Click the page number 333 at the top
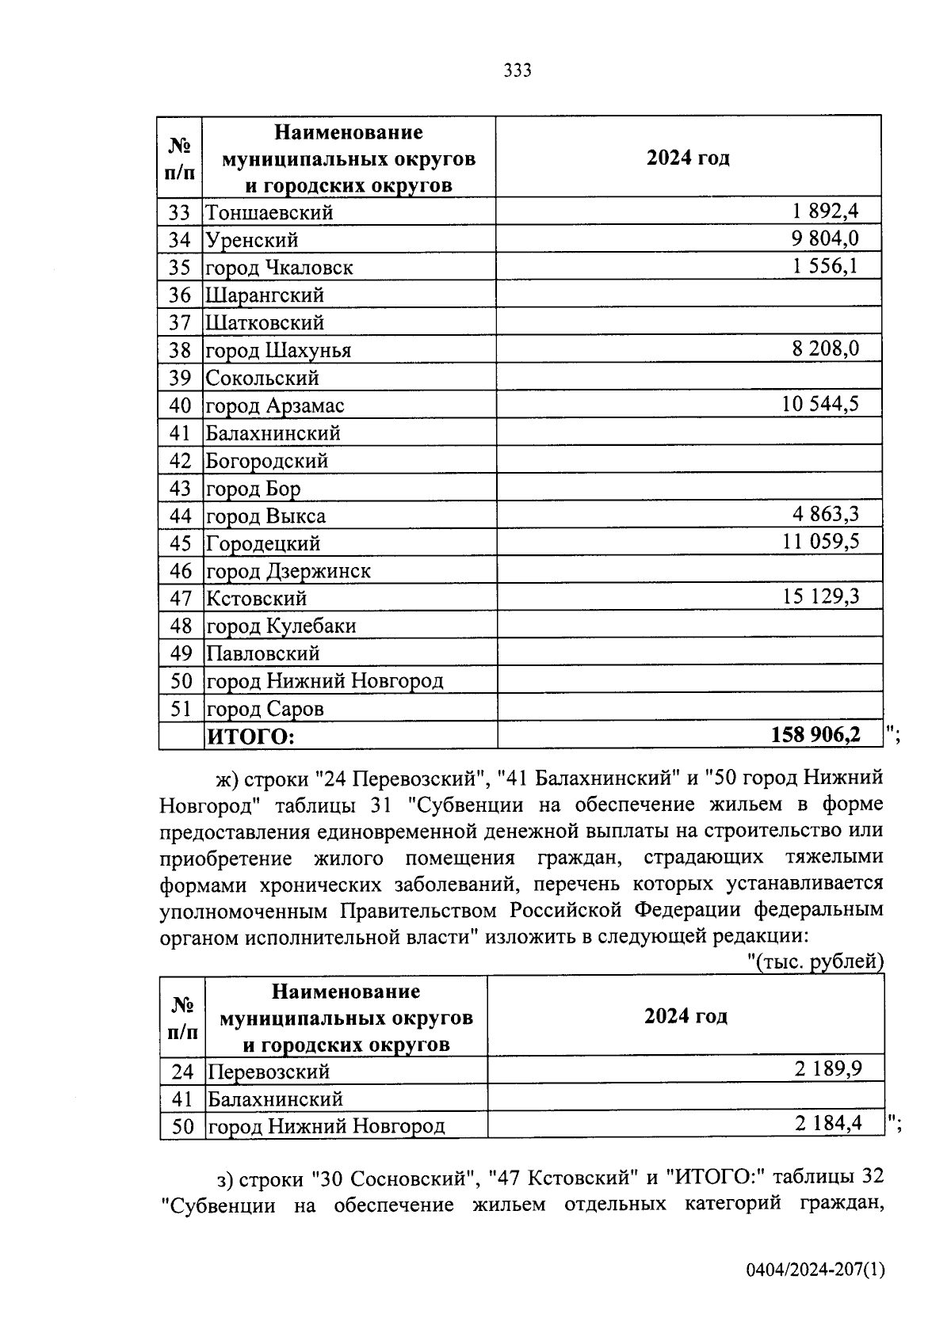[x=518, y=70]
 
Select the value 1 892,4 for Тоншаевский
[x=825, y=211]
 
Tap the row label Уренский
[x=252, y=240]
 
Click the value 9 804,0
[x=825, y=238]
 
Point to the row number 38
[x=181, y=350]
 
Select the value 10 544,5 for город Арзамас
[x=820, y=404]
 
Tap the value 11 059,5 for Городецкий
[x=821, y=542]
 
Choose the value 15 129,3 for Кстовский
[x=821, y=596]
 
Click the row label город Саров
[x=265, y=709]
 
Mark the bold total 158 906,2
[x=815, y=735]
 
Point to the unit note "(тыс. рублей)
[x=816, y=961]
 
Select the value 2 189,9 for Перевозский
[x=828, y=1070]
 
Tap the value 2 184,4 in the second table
[x=828, y=1123]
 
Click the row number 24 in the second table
[x=182, y=1072]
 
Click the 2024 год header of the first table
[x=688, y=158]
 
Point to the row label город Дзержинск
[x=288, y=571]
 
